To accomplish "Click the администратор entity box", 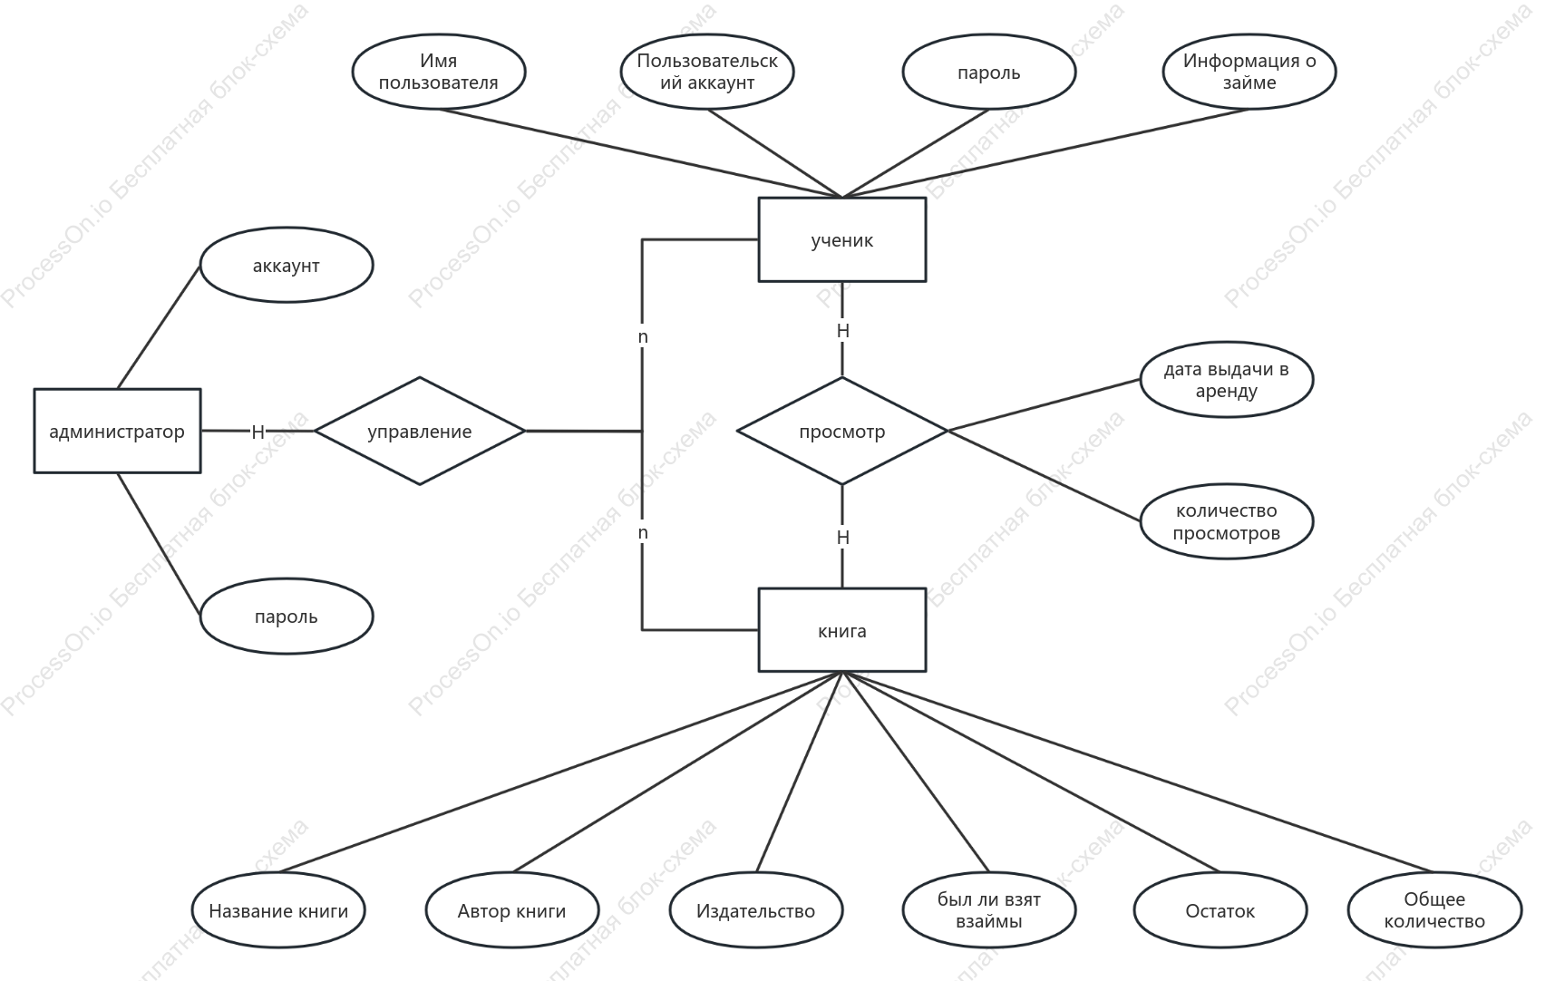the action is pos(117,431).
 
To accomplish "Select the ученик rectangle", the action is pos(842,239).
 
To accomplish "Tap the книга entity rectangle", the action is pos(842,630).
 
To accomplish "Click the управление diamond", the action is pos(420,431).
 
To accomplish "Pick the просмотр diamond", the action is pos(842,431).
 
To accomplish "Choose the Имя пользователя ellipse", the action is pos(439,72).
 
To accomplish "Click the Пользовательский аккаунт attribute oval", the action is pos(707,72).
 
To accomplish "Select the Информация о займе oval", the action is pos(1249,72).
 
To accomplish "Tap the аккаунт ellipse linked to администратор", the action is pos(287,265).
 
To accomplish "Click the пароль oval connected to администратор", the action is pos(287,616).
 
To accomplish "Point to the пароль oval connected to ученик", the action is pos(989,72).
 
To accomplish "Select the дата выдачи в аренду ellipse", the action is pos(1227,379).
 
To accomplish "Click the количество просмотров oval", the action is pos(1227,521).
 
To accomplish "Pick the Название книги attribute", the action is pos(278,910).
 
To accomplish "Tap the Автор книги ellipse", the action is pos(512,910).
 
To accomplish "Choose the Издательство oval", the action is pos(756,910).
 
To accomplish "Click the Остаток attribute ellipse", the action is pos(1220,910).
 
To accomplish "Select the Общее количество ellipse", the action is pos(1434,910).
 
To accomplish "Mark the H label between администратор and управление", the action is pos(258,432).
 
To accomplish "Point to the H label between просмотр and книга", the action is pos(843,538).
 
